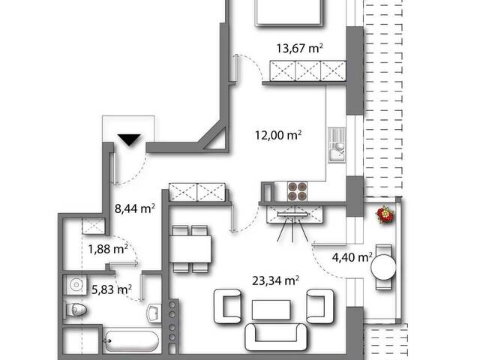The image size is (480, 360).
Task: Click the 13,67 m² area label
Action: (x=300, y=48)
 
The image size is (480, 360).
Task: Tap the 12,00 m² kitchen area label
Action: (x=278, y=135)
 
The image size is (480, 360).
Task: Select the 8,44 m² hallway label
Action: (x=135, y=208)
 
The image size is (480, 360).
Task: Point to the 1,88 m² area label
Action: (x=108, y=249)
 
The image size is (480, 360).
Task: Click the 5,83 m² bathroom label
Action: (x=112, y=289)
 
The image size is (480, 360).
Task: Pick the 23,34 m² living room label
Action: (x=275, y=280)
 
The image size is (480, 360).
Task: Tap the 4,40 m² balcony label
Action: (x=352, y=257)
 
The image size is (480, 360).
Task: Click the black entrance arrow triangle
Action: (x=129, y=139)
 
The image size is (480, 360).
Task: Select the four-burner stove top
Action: (x=297, y=191)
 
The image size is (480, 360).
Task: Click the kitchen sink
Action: (x=337, y=145)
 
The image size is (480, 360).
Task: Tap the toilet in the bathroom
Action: (x=75, y=310)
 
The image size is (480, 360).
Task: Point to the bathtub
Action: (x=132, y=340)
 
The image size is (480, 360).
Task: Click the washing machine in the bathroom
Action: (x=75, y=285)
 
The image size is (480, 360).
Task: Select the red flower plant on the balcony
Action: (x=385, y=214)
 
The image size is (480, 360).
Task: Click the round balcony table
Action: (x=383, y=267)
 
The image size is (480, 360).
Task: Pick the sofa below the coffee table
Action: (x=276, y=337)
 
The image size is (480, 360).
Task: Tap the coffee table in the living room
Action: (x=271, y=310)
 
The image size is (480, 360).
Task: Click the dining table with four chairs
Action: (x=190, y=249)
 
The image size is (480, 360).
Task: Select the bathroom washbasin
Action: (x=154, y=313)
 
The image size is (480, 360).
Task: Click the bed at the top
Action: (x=289, y=13)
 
